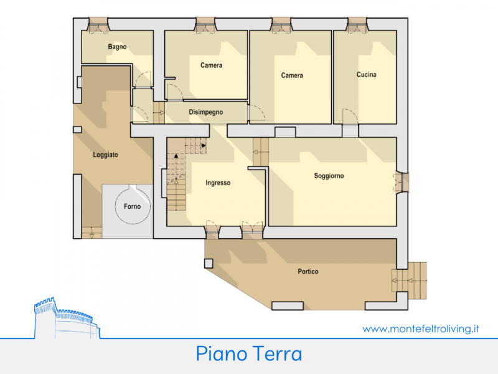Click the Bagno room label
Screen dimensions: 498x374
(x=117, y=47)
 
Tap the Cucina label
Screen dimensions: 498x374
(x=366, y=74)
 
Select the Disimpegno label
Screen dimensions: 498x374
(x=206, y=112)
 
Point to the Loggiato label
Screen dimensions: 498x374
(x=105, y=155)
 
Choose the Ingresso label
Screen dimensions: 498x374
(x=218, y=183)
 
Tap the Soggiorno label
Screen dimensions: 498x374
(x=329, y=176)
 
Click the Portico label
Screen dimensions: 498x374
(x=308, y=271)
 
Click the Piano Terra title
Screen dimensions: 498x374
(x=248, y=353)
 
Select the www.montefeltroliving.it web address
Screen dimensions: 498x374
(x=421, y=328)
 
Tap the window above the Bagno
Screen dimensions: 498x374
(x=98, y=25)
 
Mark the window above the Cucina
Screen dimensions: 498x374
(x=357, y=25)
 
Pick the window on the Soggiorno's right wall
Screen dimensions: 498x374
(x=402, y=182)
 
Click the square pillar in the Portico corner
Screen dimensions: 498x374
(x=209, y=264)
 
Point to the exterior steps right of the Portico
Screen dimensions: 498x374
(x=410, y=280)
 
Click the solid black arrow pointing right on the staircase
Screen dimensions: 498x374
(x=204, y=146)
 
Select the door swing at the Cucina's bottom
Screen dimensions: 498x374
(x=350, y=117)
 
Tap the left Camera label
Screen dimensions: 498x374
(x=211, y=65)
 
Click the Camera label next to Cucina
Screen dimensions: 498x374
(x=292, y=75)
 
